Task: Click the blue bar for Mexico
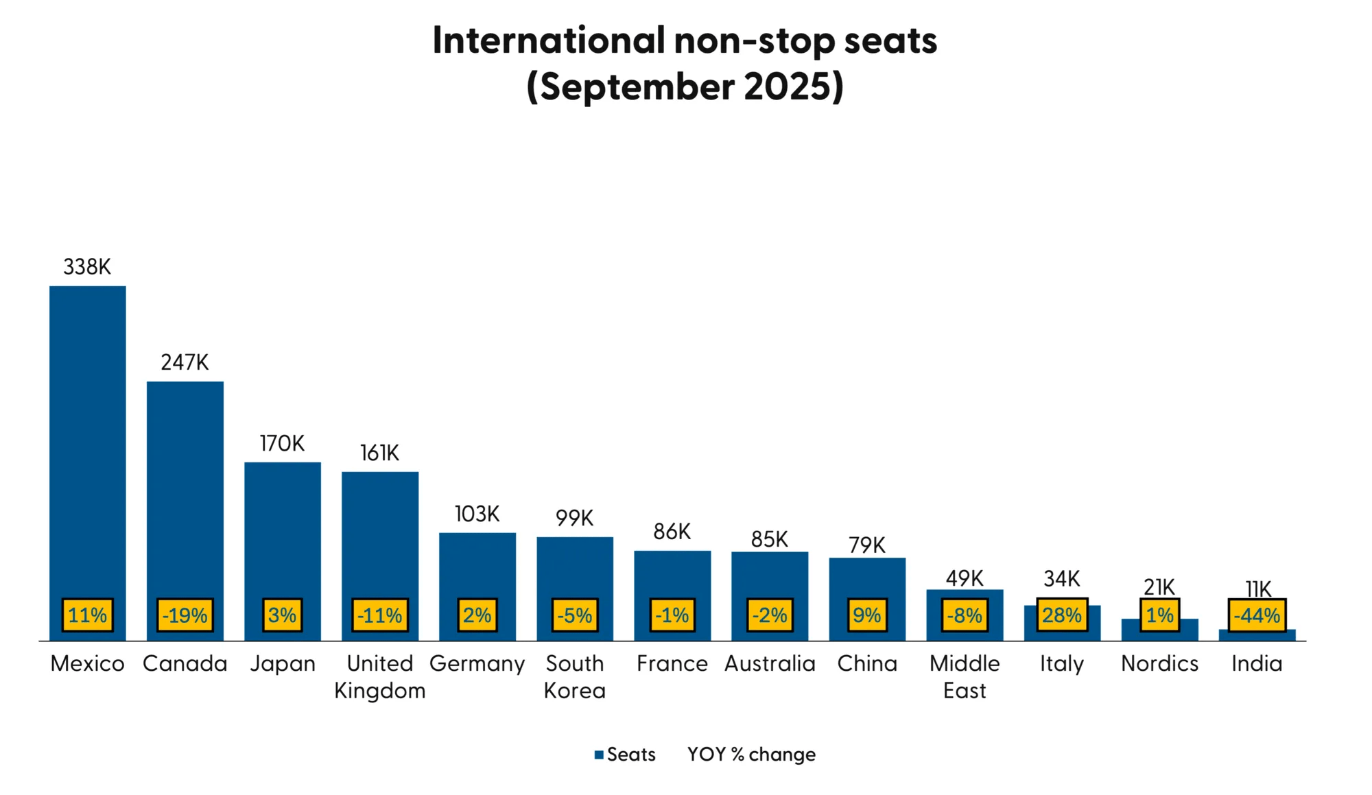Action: click(x=88, y=439)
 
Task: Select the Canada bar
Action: click(x=185, y=487)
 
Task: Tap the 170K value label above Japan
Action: click(x=282, y=444)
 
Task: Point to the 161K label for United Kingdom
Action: click(x=379, y=453)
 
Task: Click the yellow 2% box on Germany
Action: click(x=477, y=615)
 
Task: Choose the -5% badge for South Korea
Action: click(x=575, y=615)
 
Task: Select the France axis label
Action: click(x=672, y=663)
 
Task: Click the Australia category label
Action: click(x=770, y=663)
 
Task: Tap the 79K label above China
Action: click(x=867, y=545)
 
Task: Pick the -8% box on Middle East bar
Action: click(x=965, y=615)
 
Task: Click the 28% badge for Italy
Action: click(x=1062, y=615)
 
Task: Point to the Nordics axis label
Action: click(x=1159, y=663)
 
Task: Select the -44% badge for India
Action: click(x=1257, y=615)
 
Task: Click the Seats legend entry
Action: click(x=625, y=755)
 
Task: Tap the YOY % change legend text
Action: click(x=751, y=755)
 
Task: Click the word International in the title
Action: click(x=549, y=40)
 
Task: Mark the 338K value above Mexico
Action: click(x=87, y=267)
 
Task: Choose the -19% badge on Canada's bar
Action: click(x=185, y=615)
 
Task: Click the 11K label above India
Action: click(x=1258, y=589)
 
